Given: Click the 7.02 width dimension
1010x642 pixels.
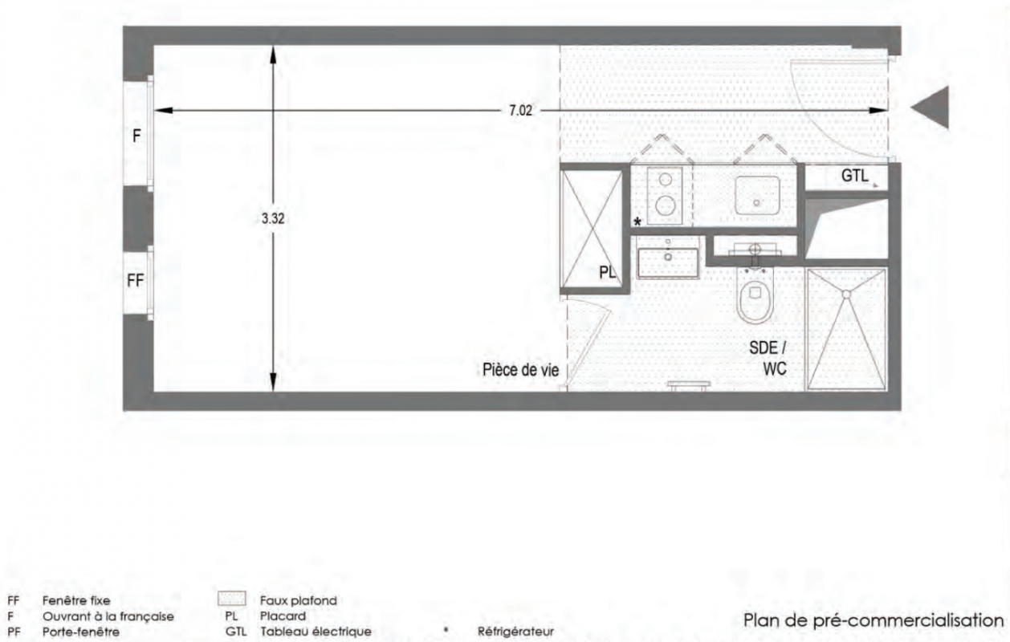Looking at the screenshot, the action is point(521,111).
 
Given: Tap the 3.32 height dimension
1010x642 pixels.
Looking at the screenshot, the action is point(273,218).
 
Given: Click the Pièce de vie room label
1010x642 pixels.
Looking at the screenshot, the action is point(521,370).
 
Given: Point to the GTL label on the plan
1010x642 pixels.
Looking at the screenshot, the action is point(855,176).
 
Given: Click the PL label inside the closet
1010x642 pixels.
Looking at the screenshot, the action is point(607,272).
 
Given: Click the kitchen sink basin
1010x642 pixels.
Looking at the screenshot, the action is point(758,195).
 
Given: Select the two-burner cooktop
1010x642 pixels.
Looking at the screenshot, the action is point(665,196).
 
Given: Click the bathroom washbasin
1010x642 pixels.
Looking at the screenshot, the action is point(667,262).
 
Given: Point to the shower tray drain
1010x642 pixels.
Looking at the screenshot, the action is point(846,295).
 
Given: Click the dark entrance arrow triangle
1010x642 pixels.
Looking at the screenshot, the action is point(931,108).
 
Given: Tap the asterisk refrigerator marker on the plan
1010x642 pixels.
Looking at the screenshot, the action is point(637,221).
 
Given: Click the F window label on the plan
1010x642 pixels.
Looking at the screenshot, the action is point(136,136).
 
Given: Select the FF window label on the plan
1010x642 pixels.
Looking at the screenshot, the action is point(135,281).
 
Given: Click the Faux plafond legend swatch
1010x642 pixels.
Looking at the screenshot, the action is point(232,599).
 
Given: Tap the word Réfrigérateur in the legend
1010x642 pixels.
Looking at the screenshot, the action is point(515,632).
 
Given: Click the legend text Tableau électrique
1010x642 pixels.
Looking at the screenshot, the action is point(316,632).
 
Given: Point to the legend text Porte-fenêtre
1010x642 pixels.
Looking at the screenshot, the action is point(81,632).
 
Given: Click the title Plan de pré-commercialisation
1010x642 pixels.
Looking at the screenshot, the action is point(874,620).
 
